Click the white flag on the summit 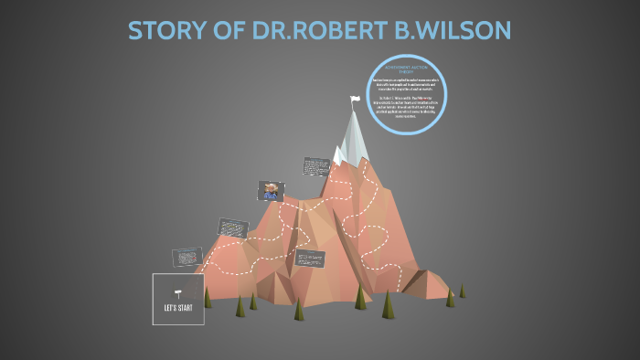click(x=355, y=100)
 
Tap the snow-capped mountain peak click(x=352, y=137)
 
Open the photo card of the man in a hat click(x=271, y=191)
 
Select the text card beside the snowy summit click(x=315, y=167)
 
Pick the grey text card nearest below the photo click(x=232, y=228)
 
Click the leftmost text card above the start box click(x=187, y=258)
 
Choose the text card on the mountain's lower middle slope click(x=310, y=258)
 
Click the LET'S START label click(x=178, y=306)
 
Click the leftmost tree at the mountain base click(x=208, y=298)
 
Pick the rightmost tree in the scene click(x=462, y=291)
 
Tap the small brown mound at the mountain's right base click(x=425, y=285)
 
